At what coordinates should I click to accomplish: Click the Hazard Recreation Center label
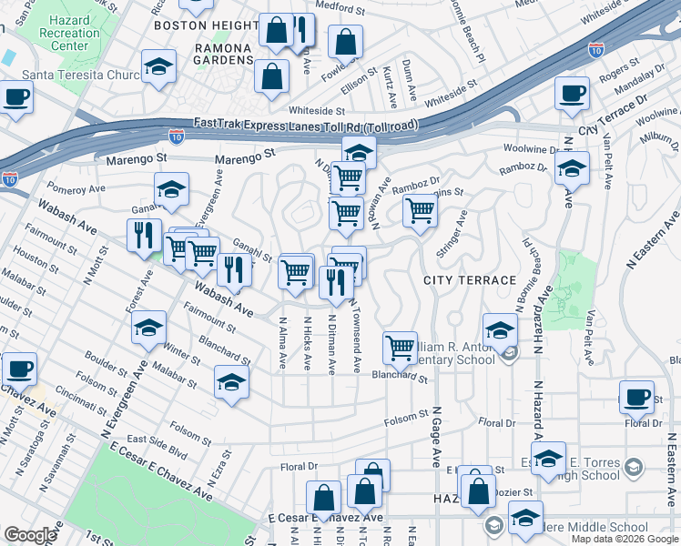point(70,33)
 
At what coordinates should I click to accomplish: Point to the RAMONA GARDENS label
point(210,54)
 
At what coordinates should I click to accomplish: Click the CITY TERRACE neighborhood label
point(470,279)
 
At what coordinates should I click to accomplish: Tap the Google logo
point(30,534)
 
